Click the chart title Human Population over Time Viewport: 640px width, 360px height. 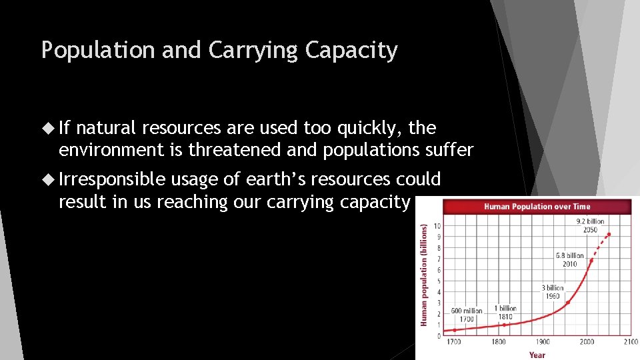coord(537,207)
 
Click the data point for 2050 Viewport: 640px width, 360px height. coord(609,234)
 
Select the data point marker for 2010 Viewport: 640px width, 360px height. coord(591,260)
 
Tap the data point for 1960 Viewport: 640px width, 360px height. coord(568,302)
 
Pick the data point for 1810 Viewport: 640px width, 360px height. coord(504,325)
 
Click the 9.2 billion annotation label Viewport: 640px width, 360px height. coord(589,225)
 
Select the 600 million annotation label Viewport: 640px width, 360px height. coord(465,315)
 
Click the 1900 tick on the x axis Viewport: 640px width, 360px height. coord(542,343)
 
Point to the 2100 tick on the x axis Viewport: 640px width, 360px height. coord(630,343)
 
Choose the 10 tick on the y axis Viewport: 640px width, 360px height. coord(438,226)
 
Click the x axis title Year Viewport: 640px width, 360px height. coord(537,355)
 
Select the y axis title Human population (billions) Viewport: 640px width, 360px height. coord(423,275)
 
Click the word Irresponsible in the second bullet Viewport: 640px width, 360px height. coord(111,179)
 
